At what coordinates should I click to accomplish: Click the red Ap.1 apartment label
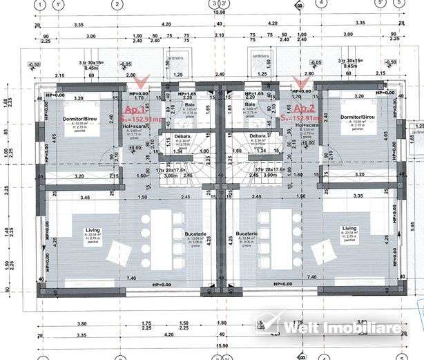135,109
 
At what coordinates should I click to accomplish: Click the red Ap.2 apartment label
304,109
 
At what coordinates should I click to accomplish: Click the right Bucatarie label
247,234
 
